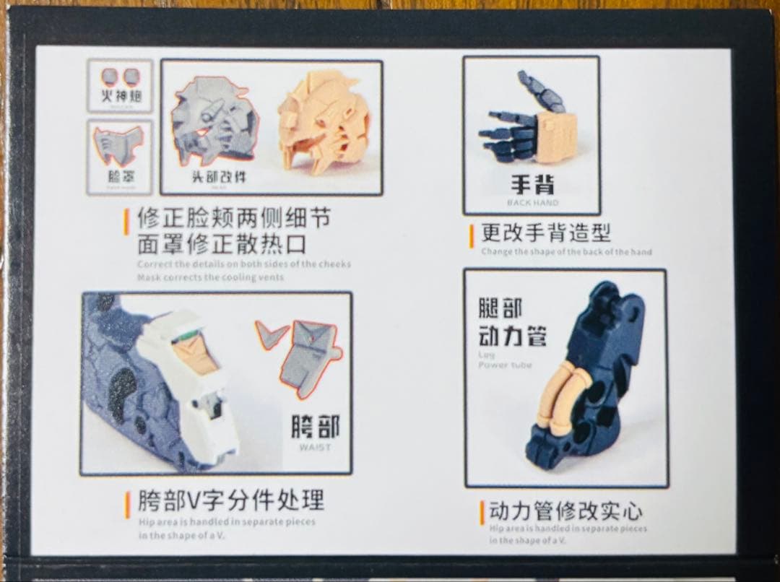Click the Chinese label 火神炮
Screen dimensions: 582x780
120,96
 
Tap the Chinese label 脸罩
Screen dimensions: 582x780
119,177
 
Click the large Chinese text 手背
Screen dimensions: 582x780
532,183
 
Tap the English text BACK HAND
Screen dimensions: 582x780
532,203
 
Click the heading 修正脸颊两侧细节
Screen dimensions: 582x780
226,217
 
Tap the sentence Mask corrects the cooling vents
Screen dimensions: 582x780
210,277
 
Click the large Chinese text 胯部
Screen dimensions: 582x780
315,427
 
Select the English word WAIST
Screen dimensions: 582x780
314,447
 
